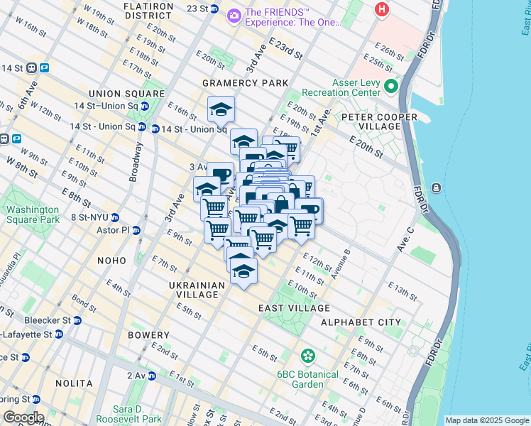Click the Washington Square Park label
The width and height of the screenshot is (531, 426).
point(33,214)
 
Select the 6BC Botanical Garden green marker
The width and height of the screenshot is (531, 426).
point(307,355)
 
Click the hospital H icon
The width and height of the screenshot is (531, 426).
point(382,9)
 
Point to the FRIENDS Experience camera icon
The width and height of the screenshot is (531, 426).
point(234,15)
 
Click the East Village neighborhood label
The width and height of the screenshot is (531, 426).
point(294,308)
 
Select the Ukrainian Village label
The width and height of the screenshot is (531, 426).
point(197,290)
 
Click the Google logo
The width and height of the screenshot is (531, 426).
point(23,417)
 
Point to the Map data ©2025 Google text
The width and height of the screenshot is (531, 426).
point(486,420)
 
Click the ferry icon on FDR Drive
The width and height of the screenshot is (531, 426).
point(434,187)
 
